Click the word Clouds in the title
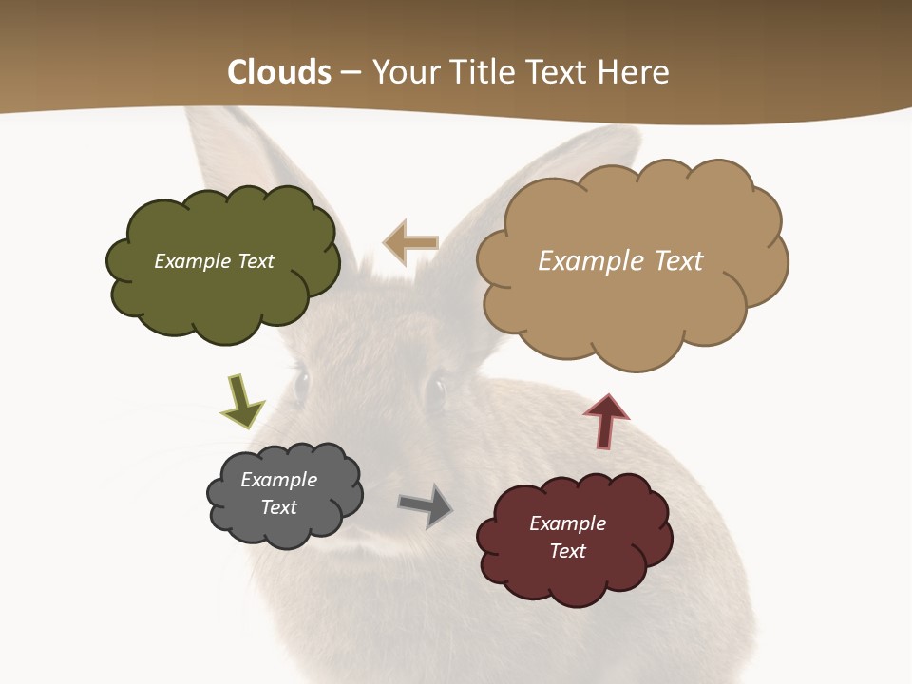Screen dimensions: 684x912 pyautogui.click(x=279, y=72)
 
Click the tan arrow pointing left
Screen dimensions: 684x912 pyautogui.click(x=410, y=243)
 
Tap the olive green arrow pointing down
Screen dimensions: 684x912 pyautogui.click(x=241, y=401)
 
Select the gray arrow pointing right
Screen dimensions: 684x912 pyautogui.click(x=426, y=505)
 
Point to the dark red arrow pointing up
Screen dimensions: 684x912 pyautogui.click(x=606, y=421)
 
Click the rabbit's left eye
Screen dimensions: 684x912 pyautogui.click(x=302, y=385)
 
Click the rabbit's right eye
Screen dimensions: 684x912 pyautogui.click(x=434, y=390)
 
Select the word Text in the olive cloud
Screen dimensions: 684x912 pyautogui.click(x=256, y=261)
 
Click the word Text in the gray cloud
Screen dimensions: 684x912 pyautogui.click(x=279, y=507)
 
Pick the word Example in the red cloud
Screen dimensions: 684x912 pyautogui.click(x=567, y=523)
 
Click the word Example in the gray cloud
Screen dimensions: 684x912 pyautogui.click(x=279, y=480)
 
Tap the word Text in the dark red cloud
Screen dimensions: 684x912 pyautogui.click(x=567, y=551)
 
